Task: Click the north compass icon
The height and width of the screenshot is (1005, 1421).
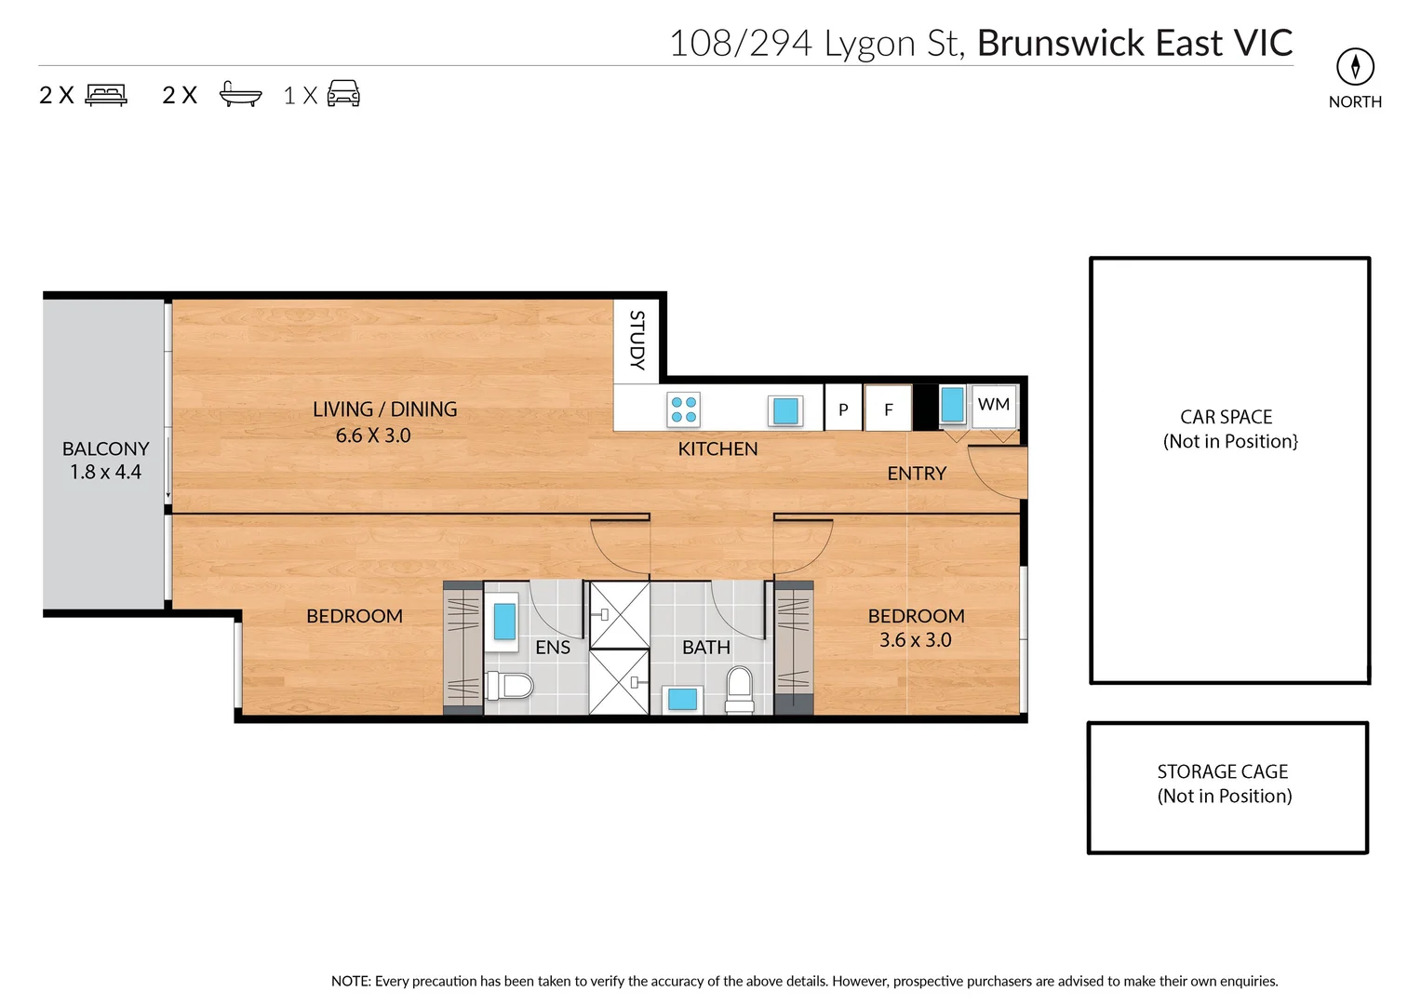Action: coord(1355,66)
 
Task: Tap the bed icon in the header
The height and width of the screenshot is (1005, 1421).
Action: coord(106,95)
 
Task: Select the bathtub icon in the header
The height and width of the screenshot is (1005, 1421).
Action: coord(240,95)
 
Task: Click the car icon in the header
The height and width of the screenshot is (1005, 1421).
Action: coord(343,94)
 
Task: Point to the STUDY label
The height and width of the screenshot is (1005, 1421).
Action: coord(637,341)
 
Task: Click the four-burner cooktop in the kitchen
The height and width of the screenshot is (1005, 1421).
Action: coord(684,409)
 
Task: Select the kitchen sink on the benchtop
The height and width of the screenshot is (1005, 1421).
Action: coord(785,410)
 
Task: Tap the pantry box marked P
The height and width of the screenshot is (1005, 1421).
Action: coord(843,409)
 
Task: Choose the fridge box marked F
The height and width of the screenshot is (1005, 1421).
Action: coord(888,409)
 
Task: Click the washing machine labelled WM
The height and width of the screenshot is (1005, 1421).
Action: coord(994,406)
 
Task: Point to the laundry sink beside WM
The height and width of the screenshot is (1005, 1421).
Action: coord(952,405)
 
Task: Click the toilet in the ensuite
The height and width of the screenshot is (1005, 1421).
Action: coord(509,687)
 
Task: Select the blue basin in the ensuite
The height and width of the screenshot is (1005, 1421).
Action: coord(504,621)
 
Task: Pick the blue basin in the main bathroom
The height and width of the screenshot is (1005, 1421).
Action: coord(683,699)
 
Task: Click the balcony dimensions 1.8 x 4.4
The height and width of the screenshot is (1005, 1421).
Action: coord(105,472)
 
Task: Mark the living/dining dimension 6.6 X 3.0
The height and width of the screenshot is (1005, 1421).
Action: coord(373,435)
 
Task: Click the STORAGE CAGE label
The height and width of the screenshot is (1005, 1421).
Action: coord(1223,771)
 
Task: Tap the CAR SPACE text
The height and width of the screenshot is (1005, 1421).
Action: coord(1226,417)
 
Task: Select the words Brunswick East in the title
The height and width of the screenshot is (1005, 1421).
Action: coord(1099,44)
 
